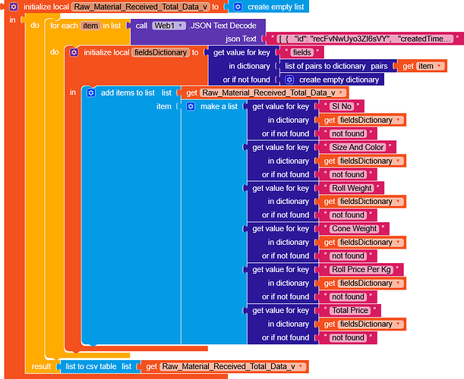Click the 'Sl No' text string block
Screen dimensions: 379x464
[x=344, y=106]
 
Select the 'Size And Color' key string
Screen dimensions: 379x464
[x=357, y=147]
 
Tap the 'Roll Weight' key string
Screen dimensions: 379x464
[x=352, y=188]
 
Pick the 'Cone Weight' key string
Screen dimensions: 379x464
[x=354, y=228]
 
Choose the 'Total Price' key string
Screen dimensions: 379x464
[x=350, y=310]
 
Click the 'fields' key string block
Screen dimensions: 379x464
[x=301, y=52]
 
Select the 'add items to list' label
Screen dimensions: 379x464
[x=128, y=92]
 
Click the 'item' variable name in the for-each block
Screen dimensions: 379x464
[x=90, y=25]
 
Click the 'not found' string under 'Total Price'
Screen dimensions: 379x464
[x=348, y=337]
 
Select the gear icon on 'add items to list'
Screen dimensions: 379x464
[x=91, y=92]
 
